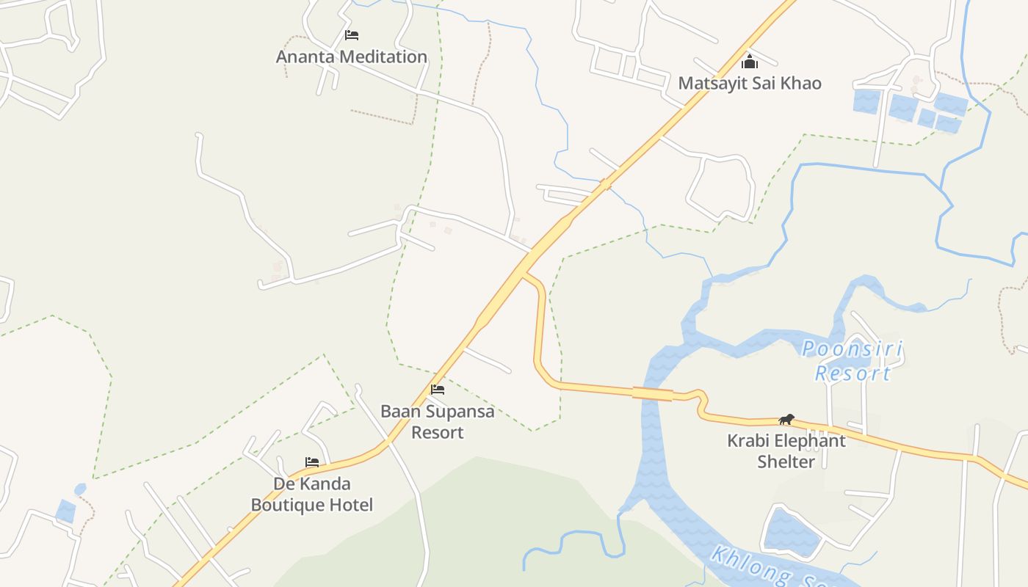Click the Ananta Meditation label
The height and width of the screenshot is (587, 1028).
[351, 56]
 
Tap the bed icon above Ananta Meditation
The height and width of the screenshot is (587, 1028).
[351, 34]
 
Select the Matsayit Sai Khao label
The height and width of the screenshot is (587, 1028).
[749, 83]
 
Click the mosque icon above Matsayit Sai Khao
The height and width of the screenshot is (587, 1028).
[749, 62]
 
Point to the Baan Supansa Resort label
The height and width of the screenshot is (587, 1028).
[438, 421]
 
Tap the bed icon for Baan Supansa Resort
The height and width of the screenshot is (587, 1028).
[438, 390]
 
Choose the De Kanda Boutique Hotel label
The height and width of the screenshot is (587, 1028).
[312, 494]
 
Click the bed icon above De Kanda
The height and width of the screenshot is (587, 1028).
[312, 462]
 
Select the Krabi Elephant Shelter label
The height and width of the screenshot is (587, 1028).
[786, 451]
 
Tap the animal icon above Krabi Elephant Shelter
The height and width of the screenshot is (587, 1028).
[786, 420]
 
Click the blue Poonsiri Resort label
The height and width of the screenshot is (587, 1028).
[853, 360]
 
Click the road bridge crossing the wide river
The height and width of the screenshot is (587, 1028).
[653, 394]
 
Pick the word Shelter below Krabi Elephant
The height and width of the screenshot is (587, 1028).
[786, 462]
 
